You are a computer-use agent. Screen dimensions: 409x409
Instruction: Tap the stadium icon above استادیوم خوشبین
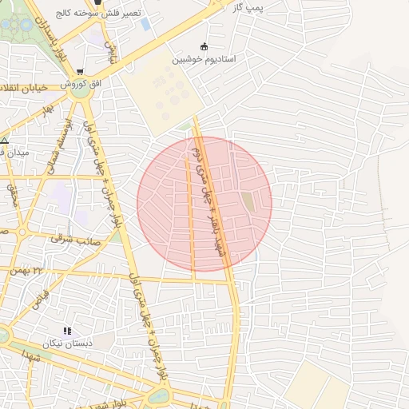pos(204,46)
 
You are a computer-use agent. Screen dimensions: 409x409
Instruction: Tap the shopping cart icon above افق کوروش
pos(79,72)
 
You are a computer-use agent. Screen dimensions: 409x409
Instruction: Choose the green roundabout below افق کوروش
pos(80,92)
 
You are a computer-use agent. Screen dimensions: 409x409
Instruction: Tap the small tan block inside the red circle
pos(248,202)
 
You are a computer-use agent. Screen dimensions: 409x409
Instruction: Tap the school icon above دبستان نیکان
pos(67,331)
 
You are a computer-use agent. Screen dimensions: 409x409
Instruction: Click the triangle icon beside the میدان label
pos(5,141)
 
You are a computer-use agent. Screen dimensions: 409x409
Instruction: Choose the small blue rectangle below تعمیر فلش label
pos(145,24)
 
